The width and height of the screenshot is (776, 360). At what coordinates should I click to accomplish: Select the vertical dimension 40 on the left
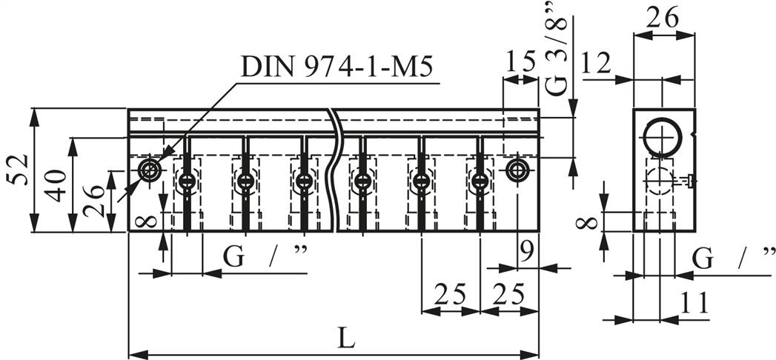coord(56,184)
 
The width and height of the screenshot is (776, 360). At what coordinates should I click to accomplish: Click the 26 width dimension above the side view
coord(663,18)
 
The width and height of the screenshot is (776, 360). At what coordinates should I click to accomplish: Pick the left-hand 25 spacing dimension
coord(450,296)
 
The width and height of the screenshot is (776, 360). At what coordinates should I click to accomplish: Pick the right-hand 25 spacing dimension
coord(509,296)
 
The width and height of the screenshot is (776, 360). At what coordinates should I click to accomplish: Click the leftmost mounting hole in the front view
coord(150,170)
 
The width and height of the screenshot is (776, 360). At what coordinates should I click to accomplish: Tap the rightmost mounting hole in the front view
coord(517,170)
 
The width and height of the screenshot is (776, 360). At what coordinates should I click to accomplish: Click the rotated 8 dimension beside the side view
coord(588,221)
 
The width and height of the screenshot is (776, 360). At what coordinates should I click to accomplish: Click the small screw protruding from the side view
coord(689,179)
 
